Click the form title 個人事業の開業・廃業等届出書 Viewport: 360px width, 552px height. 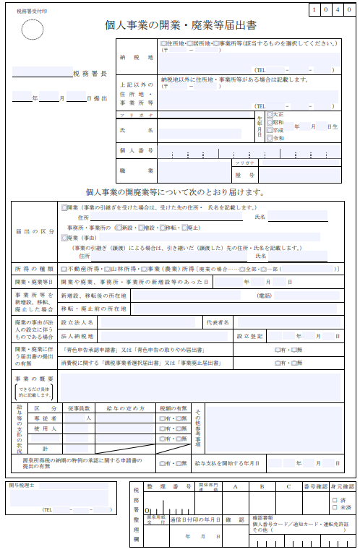tap(181, 25)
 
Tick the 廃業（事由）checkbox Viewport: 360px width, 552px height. tap(64, 236)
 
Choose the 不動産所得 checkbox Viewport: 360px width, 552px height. tap(64, 268)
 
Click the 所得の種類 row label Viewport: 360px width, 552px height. tap(34, 268)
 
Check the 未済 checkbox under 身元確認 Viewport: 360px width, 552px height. tap(335, 507)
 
